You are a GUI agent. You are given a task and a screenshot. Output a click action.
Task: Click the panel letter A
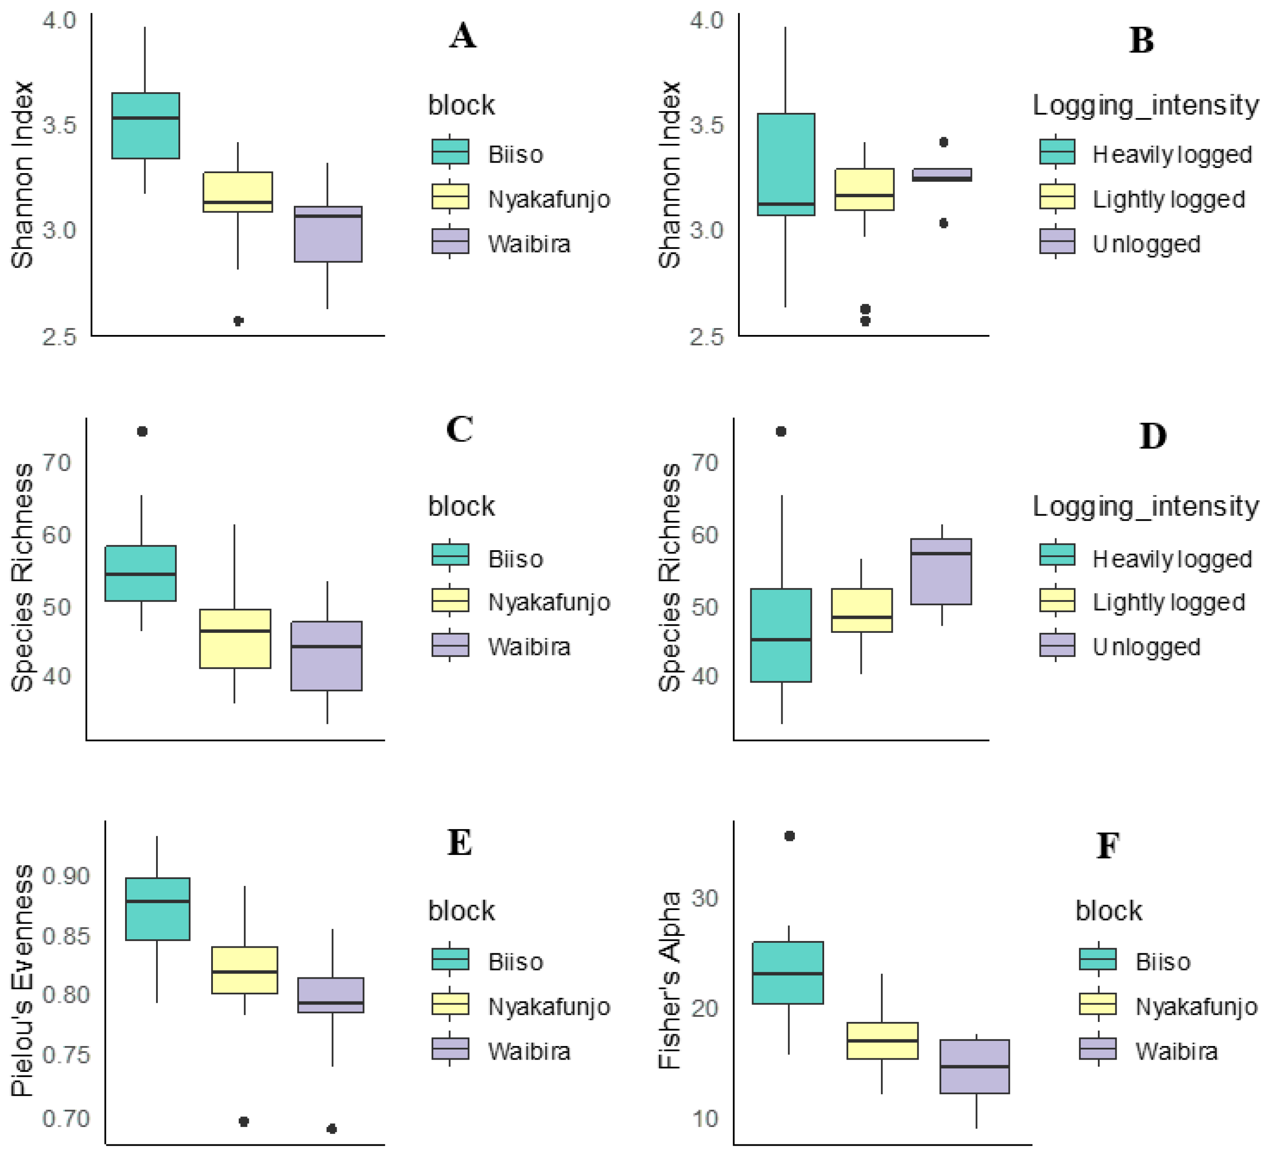463,36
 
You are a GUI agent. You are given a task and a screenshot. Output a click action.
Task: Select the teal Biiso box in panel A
146,126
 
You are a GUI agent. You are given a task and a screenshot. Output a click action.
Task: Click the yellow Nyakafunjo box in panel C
235,638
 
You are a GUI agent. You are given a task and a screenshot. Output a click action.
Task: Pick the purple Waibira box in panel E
331,995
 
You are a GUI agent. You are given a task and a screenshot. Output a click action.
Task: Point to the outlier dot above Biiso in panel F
790,836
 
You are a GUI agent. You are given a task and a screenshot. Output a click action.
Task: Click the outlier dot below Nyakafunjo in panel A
238,321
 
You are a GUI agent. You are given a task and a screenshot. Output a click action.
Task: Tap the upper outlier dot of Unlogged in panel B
944,143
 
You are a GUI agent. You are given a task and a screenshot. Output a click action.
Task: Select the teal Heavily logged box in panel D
781,635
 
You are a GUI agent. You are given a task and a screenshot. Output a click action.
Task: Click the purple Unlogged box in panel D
941,572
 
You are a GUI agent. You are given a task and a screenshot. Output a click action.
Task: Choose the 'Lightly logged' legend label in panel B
1169,199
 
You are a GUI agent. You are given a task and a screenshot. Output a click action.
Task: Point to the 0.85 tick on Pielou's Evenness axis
66,936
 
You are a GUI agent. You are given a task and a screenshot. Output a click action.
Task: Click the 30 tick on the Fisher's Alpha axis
705,898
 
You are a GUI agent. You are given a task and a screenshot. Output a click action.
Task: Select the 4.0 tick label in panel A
59,20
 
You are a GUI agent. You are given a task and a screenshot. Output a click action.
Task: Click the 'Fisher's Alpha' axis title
670,981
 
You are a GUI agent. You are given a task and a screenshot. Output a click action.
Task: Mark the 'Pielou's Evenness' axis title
23,981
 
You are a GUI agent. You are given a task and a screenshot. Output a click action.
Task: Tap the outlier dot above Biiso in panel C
143,432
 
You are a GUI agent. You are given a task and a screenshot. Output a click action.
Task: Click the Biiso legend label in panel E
515,962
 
